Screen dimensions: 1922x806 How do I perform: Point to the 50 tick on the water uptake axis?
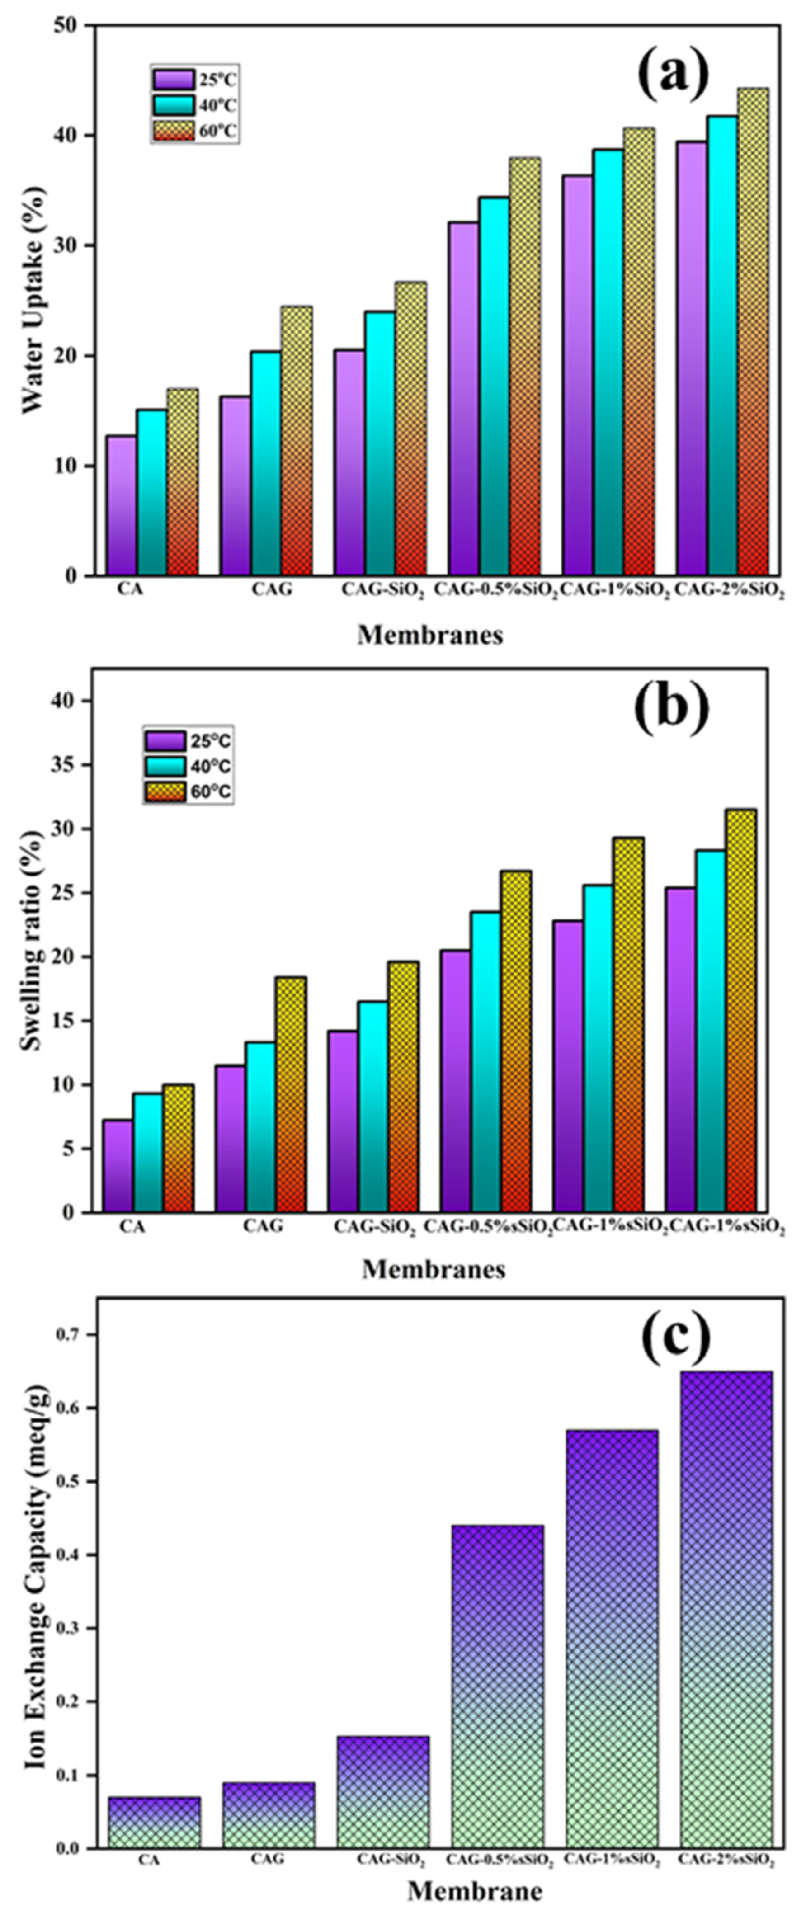click(71, 25)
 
